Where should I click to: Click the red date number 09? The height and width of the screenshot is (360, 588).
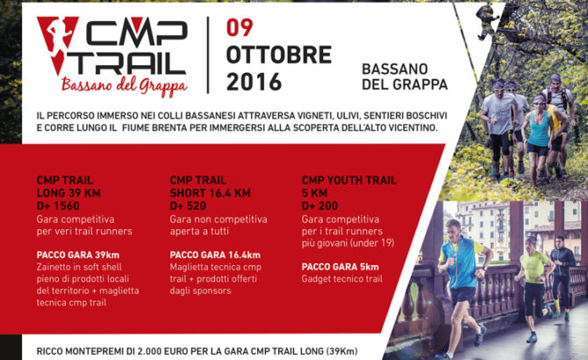click(240, 27)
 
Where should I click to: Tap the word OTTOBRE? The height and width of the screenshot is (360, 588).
click(279, 55)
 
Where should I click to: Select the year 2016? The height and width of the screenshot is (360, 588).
click(254, 83)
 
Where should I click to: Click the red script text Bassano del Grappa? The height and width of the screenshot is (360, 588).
click(124, 86)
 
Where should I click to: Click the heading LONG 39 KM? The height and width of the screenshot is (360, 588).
click(68, 193)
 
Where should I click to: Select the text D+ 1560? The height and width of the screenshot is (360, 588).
click(58, 205)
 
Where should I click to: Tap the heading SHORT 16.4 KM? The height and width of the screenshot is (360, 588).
click(210, 193)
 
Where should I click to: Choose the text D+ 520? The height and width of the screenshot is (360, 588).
click(188, 205)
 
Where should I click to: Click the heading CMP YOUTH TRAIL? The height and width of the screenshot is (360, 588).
click(349, 180)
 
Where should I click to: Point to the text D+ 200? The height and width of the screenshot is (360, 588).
click(319, 205)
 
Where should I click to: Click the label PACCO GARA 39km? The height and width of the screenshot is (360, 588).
click(78, 256)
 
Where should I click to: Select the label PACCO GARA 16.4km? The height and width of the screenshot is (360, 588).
click(215, 256)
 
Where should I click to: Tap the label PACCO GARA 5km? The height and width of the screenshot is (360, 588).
click(341, 267)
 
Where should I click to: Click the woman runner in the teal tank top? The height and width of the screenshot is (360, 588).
click(538, 139)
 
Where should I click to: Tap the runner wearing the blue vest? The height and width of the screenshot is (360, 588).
click(462, 285)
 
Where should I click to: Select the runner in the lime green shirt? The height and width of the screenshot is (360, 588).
click(534, 285)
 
